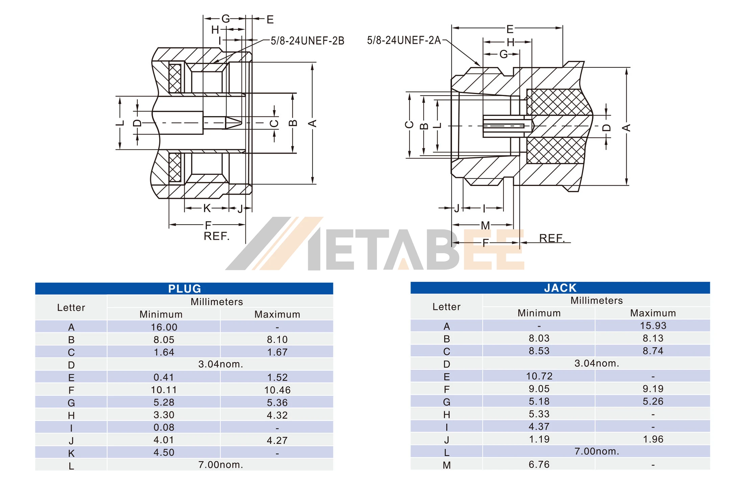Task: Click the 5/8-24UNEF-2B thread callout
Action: (x=307, y=41)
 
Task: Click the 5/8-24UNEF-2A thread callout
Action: (x=404, y=41)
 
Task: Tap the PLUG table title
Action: (x=184, y=288)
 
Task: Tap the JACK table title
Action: (x=560, y=288)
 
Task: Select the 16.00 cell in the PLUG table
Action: (x=164, y=327)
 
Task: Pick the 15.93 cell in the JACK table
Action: (x=653, y=326)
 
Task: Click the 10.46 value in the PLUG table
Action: (x=277, y=390)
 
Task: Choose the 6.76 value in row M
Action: (x=539, y=464)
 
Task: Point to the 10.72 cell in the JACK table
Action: (x=539, y=376)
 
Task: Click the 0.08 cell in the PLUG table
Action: (x=164, y=427)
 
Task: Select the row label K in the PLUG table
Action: (x=71, y=453)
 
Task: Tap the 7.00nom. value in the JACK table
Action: (x=596, y=451)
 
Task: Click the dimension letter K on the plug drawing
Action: (x=207, y=208)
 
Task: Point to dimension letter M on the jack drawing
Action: (x=485, y=225)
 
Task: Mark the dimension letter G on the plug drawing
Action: (x=226, y=19)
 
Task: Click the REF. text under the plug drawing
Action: (x=216, y=236)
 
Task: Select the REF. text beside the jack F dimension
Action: (x=552, y=238)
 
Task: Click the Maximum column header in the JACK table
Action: (x=653, y=313)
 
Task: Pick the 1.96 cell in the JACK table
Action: (x=653, y=439)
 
